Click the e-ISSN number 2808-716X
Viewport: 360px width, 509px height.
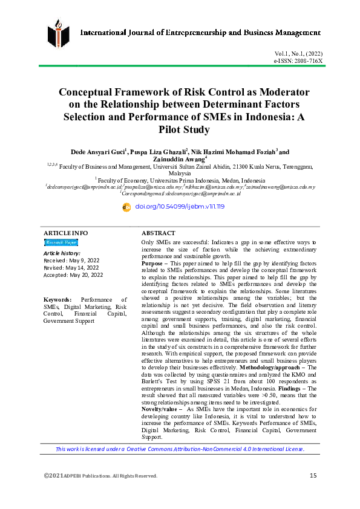[307, 62]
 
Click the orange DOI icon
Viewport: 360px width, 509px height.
[126, 207]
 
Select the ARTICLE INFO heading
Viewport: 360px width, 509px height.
[65, 233]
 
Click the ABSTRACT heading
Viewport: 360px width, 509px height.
[159, 233]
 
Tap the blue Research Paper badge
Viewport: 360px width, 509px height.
[61, 242]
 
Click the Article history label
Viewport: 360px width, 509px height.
[62, 252]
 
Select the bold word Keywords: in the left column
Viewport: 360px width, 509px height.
[57, 299]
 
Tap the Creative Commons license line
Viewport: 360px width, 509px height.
[180, 449]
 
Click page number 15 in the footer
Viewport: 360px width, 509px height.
[313, 476]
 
